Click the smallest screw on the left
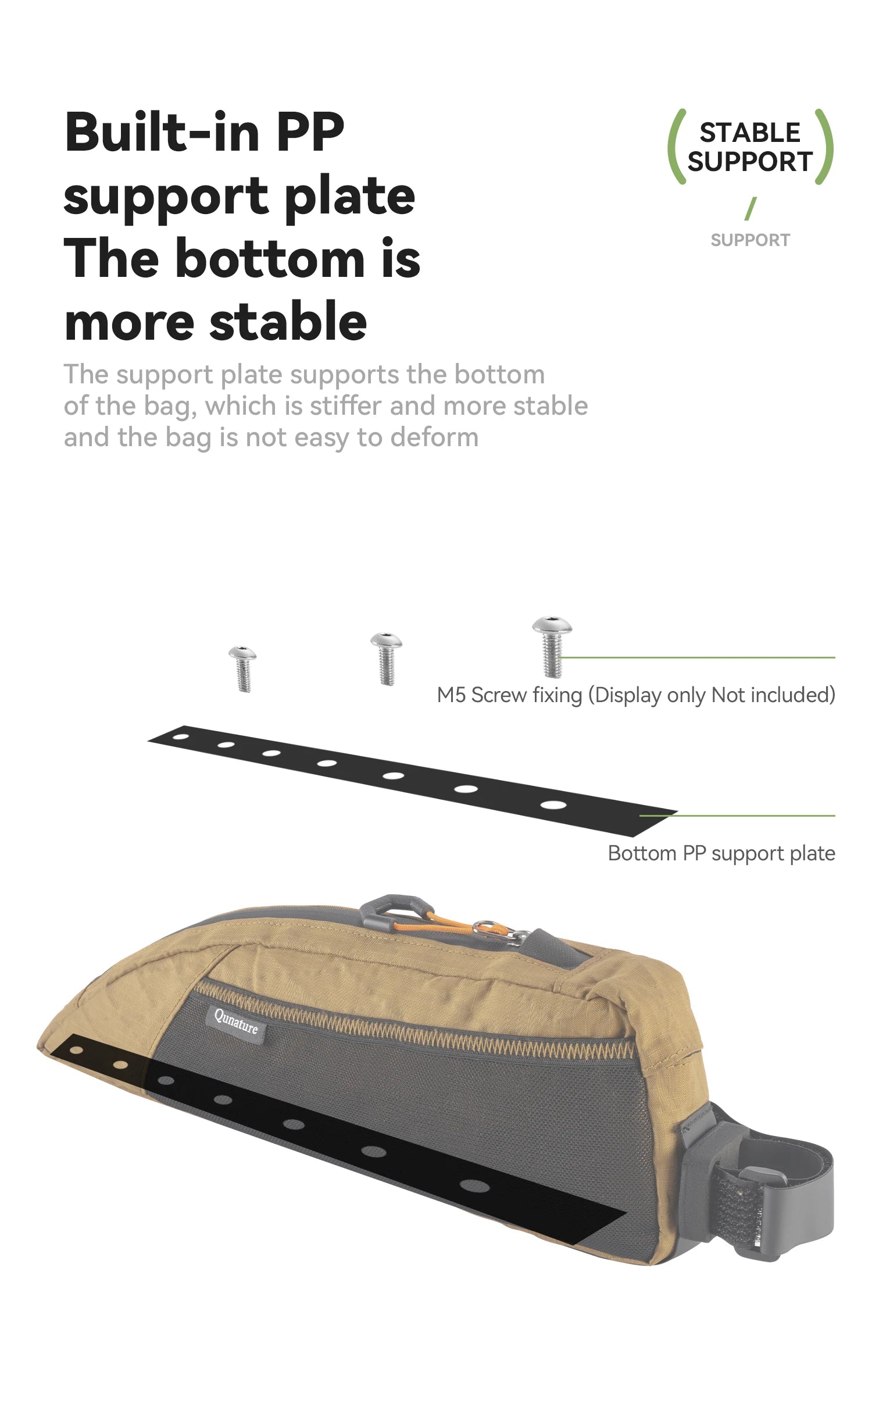[x=242, y=668]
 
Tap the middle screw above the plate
[x=386, y=658]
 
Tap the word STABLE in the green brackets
[x=750, y=133]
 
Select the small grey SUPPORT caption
[x=750, y=240]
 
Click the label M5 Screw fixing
[x=509, y=695]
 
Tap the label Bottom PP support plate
[x=721, y=854]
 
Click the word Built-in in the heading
[x=162, y=132]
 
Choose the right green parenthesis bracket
[x=824, y=147]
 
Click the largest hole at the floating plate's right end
[x=553, y=805]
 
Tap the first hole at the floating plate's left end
[x=181, y=737]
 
